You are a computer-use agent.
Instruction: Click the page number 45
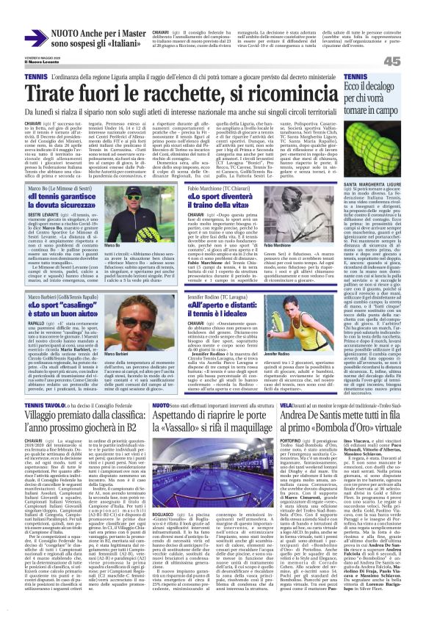(412, 62)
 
